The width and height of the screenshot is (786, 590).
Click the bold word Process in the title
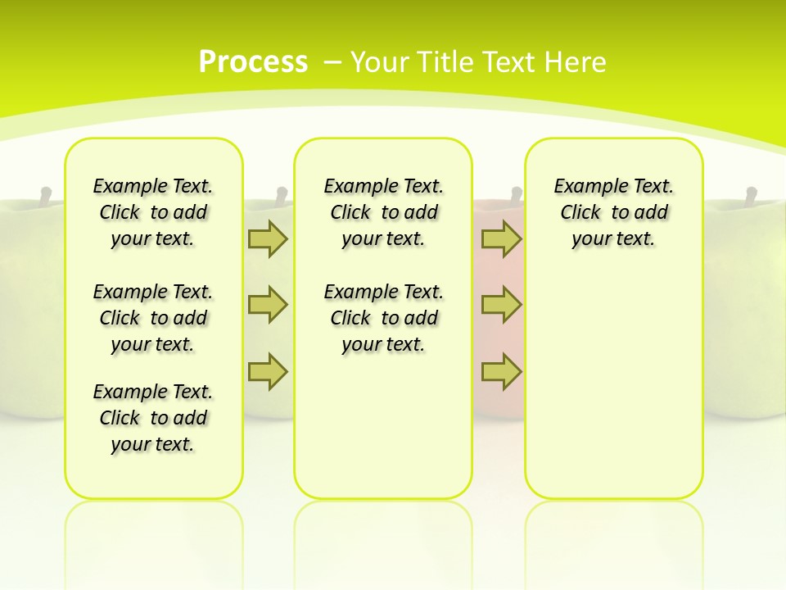pos(253,61)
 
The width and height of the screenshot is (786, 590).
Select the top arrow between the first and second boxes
pos(268,238)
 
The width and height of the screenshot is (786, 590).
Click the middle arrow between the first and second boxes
pos(268,305)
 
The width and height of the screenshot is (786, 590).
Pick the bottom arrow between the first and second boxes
pos(268,371)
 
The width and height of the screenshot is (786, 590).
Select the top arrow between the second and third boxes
pos(501,238)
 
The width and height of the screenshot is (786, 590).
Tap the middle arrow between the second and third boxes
pos(501,305)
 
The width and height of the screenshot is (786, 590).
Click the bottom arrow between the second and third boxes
pos(501,371)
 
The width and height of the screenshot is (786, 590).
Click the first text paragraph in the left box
pos(153,212)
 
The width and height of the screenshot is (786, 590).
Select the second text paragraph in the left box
pos(153,318)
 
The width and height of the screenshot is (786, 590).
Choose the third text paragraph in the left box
pos(153,418)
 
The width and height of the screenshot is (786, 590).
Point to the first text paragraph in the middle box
pos(383,212)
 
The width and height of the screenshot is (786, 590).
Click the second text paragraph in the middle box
pos(383,318)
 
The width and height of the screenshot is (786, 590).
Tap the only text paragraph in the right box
pos(613,212)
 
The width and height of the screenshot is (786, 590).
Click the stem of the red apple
pos(516,196)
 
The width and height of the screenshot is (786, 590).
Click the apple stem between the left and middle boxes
pos(281,195)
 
